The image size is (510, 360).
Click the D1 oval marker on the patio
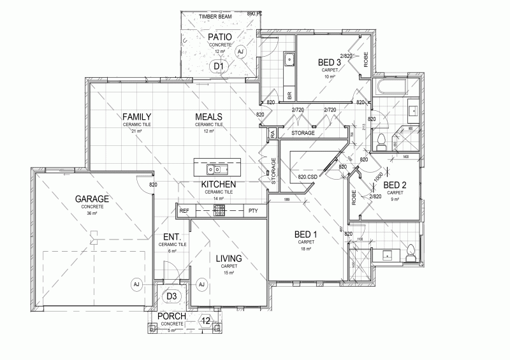tap(219, 66)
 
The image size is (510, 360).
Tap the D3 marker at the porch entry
tap(171, 296)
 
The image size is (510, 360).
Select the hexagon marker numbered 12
tap(205, 320)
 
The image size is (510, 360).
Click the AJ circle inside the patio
tap(240, 52)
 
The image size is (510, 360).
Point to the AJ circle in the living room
tap(201, 284)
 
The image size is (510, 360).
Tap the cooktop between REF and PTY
tap(219, 210)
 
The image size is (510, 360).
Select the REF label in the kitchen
tap(184, 210)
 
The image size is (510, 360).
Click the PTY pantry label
tap(253, 210)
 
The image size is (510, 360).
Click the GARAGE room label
tap(92, 199)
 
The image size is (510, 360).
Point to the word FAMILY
tap(137, 117)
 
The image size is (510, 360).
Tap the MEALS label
tap(208, 117)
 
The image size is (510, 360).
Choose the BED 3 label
tap(330, 62)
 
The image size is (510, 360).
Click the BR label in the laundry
tap(289, 95)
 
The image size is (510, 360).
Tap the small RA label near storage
tap(272, 133)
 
